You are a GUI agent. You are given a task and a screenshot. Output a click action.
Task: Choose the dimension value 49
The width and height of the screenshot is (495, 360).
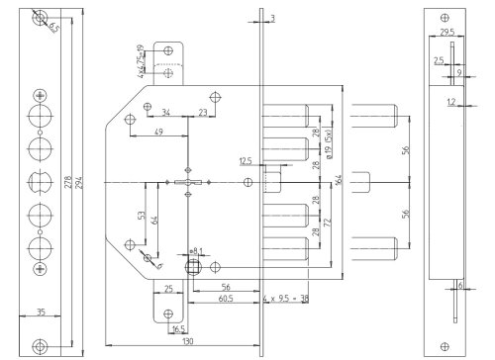159,133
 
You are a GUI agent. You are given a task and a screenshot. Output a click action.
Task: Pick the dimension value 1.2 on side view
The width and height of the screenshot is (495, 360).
449,102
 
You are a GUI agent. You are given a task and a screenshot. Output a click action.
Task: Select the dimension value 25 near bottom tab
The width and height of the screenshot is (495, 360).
169,287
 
